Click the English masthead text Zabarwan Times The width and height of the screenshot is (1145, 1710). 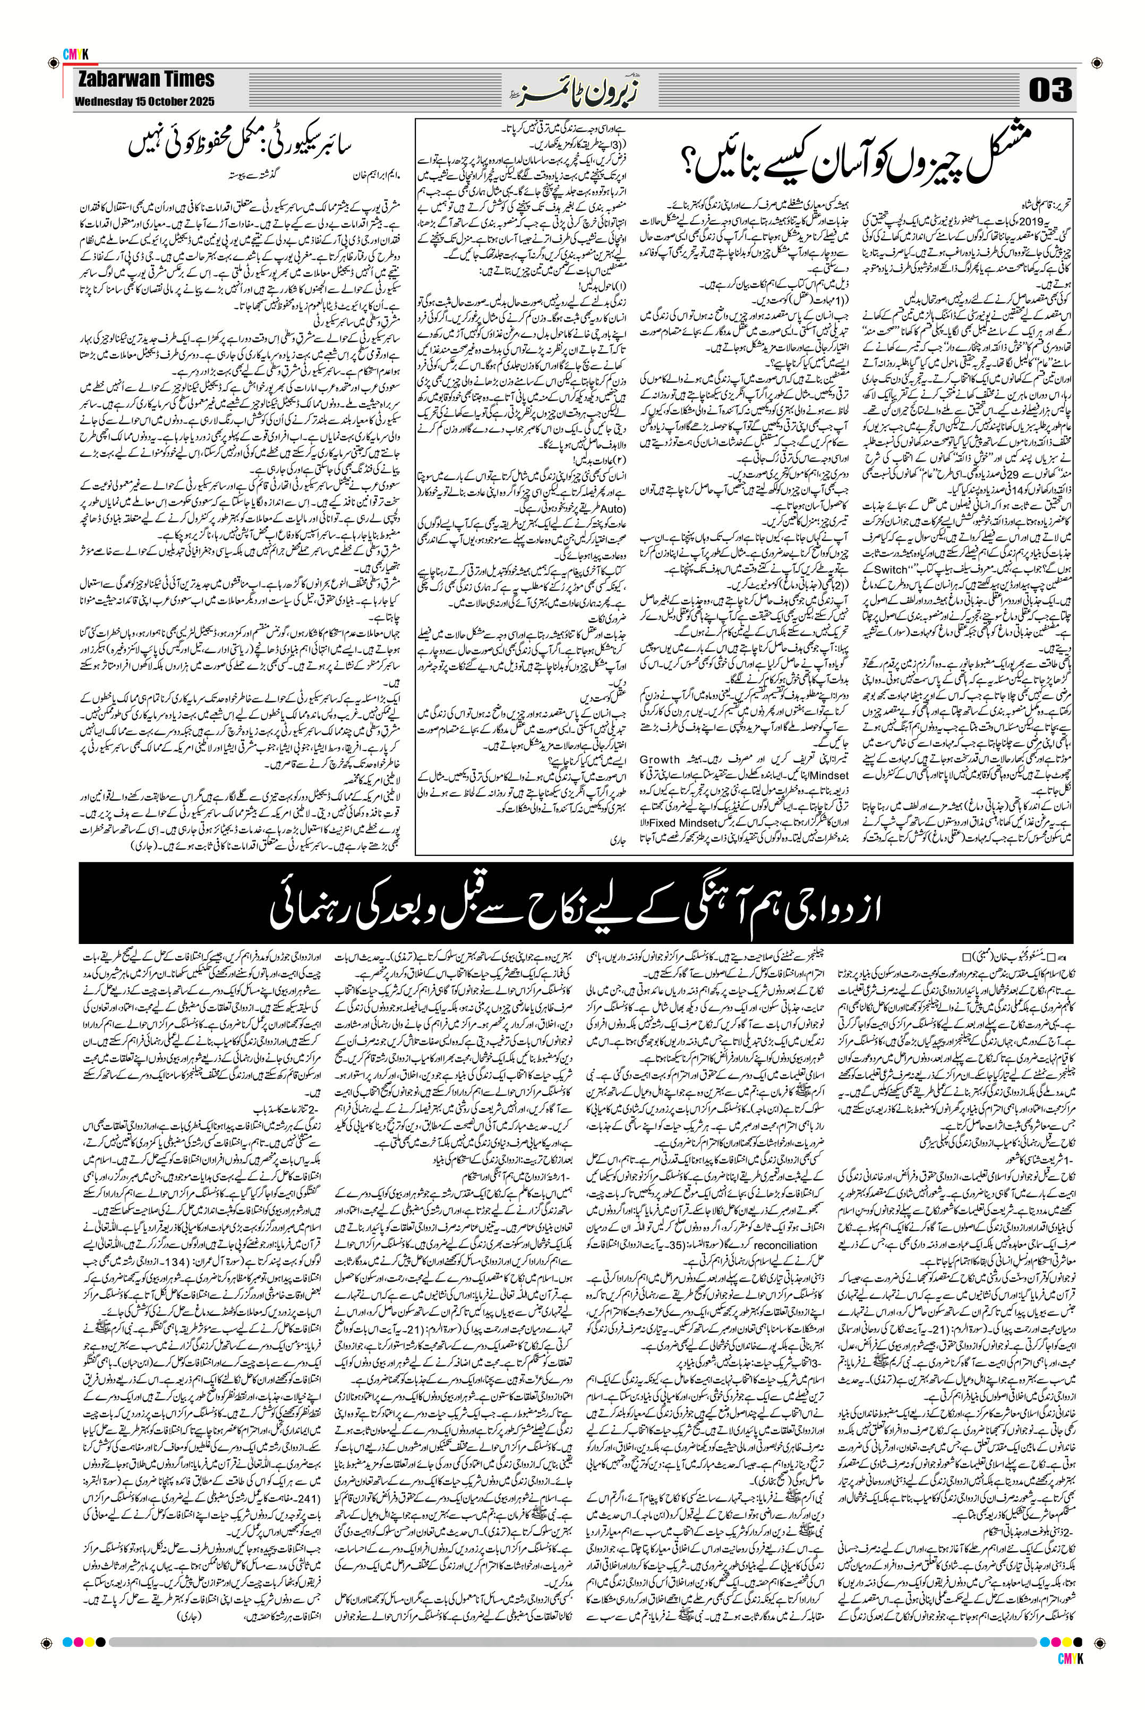click(x=144, y=79)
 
